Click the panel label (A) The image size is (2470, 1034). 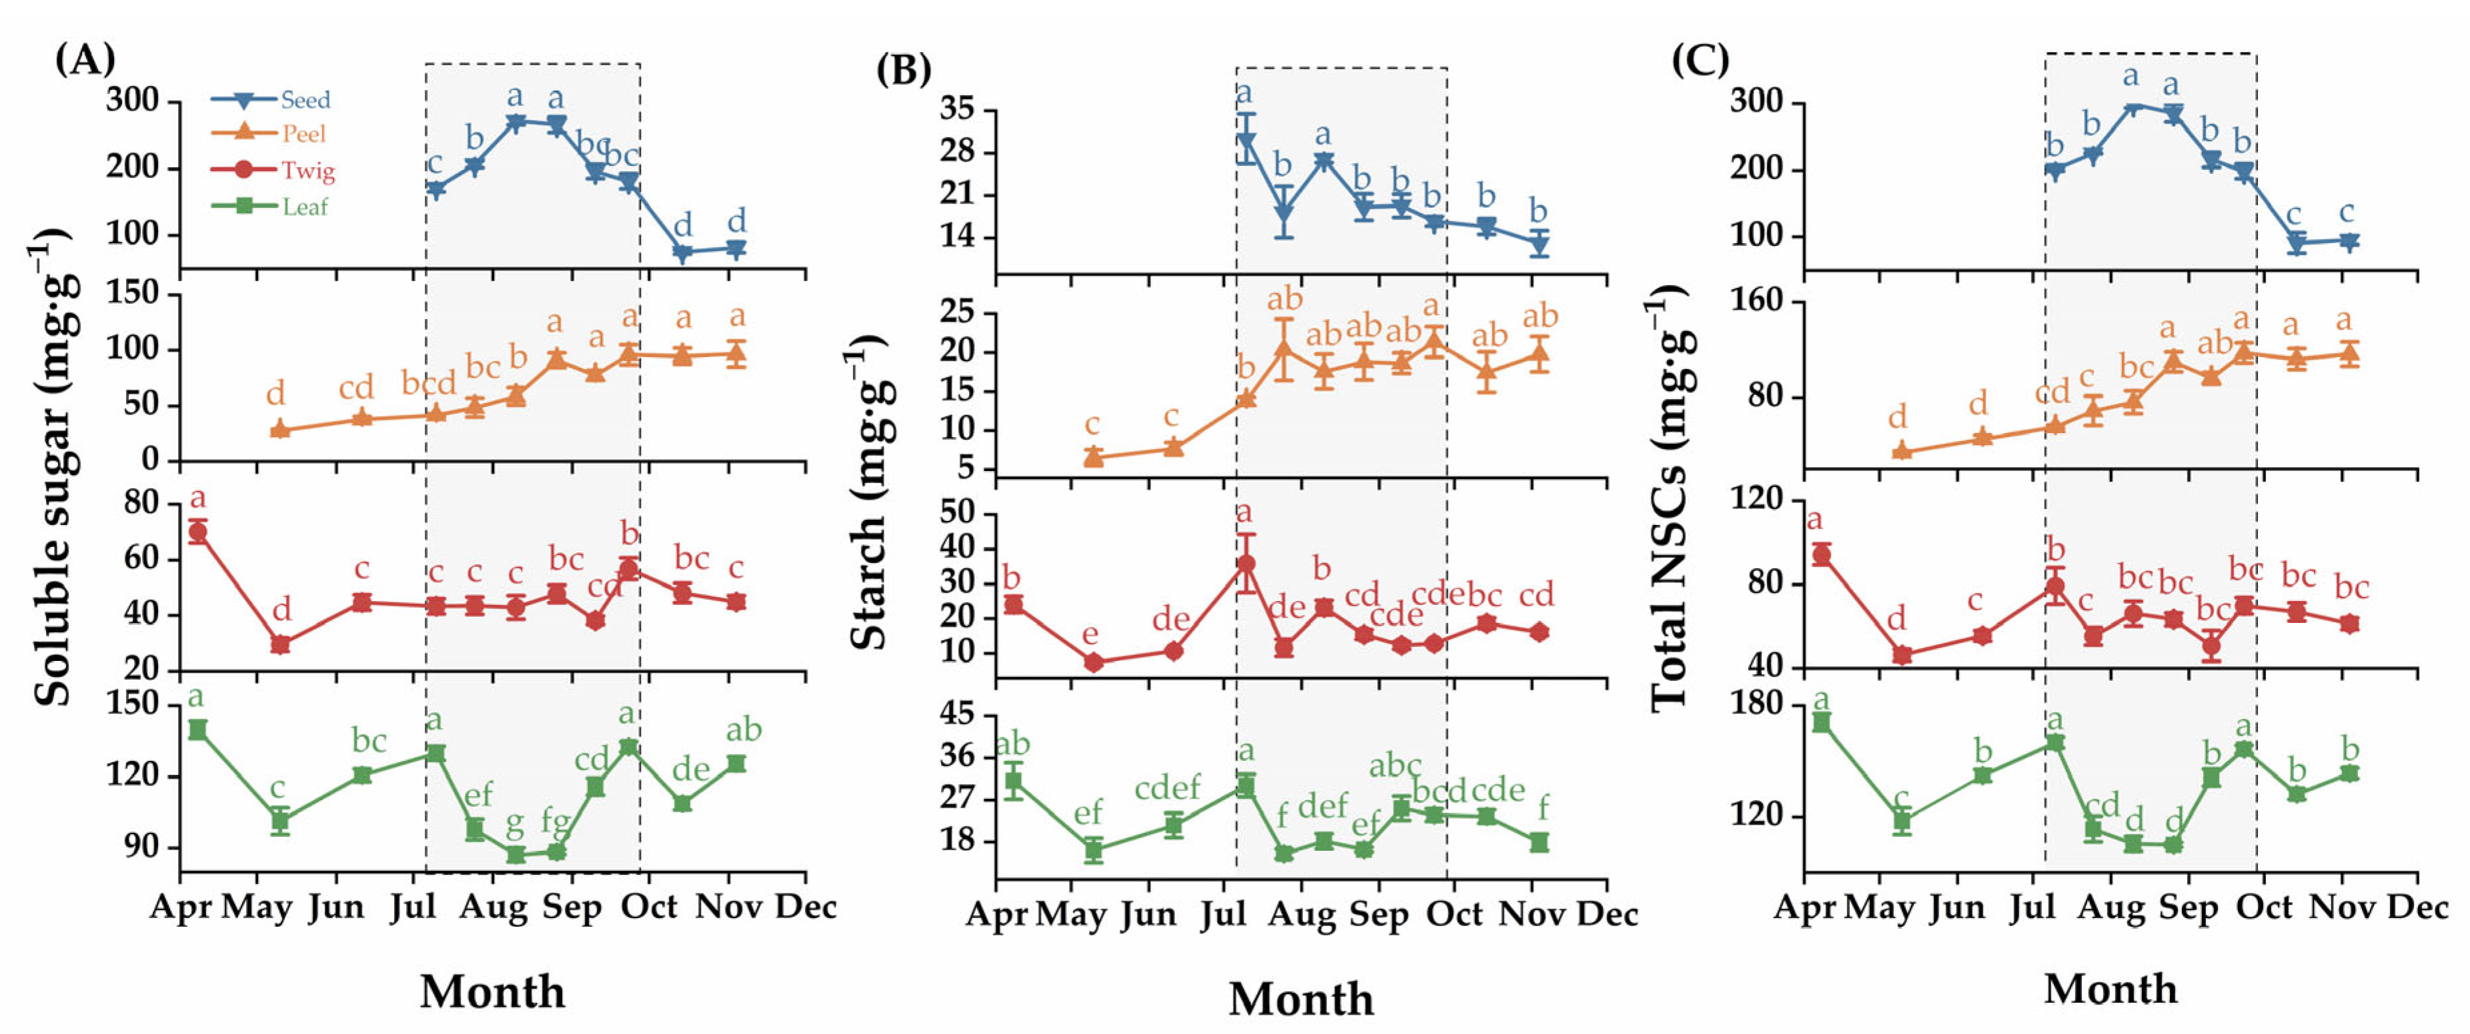[85, 59]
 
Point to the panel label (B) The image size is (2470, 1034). [903, 69]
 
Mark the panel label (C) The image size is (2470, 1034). [1700, 59]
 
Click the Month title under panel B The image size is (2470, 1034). [1301, 999]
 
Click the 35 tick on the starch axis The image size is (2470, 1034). [957, 109]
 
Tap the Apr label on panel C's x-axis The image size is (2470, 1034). [1804, 907]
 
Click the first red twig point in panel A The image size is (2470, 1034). [197, 532]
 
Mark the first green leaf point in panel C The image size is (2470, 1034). [1822, 722]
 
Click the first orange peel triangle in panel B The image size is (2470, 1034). [1093, 456]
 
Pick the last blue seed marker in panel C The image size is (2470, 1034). [2348, 241]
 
